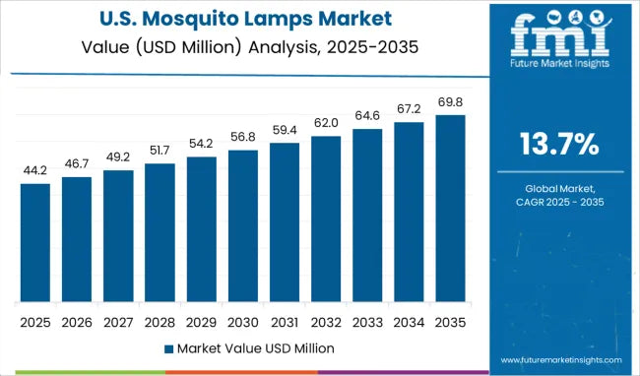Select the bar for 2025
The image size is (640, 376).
34,243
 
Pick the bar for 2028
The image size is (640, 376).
160,233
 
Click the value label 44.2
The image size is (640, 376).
34,170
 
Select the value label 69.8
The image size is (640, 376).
449,101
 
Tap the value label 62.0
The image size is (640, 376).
325,122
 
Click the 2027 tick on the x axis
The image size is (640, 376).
117,322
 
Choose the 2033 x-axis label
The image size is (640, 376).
366,322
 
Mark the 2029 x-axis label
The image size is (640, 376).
201,322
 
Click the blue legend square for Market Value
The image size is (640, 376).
168,348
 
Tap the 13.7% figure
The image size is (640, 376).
559,145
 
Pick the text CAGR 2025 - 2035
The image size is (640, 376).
559,202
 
